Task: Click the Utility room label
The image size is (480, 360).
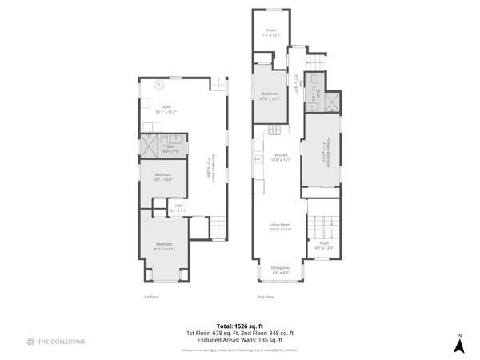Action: pos(167,110)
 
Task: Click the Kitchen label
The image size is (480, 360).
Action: pos(281,157)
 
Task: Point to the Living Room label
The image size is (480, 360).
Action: pos(279,227)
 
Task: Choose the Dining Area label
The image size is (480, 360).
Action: pos(280,270)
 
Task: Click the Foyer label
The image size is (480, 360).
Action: pos(324,245)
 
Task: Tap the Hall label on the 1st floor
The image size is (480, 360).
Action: pos(178,208)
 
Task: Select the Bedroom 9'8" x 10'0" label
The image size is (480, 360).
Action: pos(163,177)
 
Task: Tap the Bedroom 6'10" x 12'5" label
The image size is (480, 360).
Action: pos(270,96)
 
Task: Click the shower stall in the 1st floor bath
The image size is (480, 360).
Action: pos(148,147)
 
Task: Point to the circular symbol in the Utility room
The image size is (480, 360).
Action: pos(159,85)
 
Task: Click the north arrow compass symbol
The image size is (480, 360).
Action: pos(459,344)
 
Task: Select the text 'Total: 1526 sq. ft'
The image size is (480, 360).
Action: pos(240,326)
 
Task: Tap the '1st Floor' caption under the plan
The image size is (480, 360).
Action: pos(152,297)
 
